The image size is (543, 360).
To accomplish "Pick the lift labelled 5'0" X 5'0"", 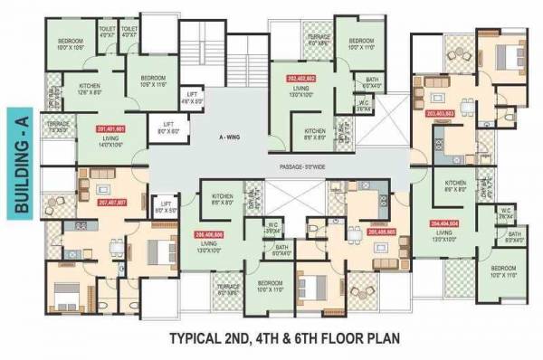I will point(169,210).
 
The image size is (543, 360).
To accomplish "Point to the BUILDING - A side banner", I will point(23,164).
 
